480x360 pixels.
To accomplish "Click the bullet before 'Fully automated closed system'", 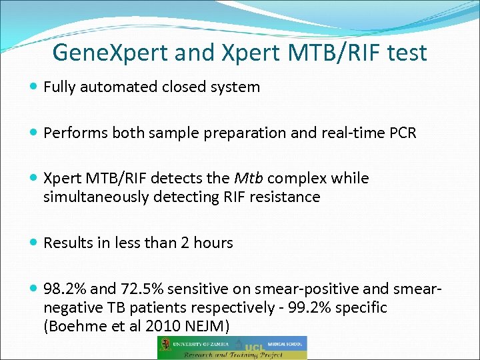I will point(34,87).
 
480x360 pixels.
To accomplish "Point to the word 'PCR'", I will point(401,133).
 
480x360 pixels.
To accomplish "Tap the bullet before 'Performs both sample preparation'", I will point(34,133).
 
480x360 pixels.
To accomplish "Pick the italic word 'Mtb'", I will point(248,179).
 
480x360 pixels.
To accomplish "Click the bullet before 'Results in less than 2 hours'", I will point(34,243).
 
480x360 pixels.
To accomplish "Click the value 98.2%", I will point(65,289).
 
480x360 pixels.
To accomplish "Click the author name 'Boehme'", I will point(73,326).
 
